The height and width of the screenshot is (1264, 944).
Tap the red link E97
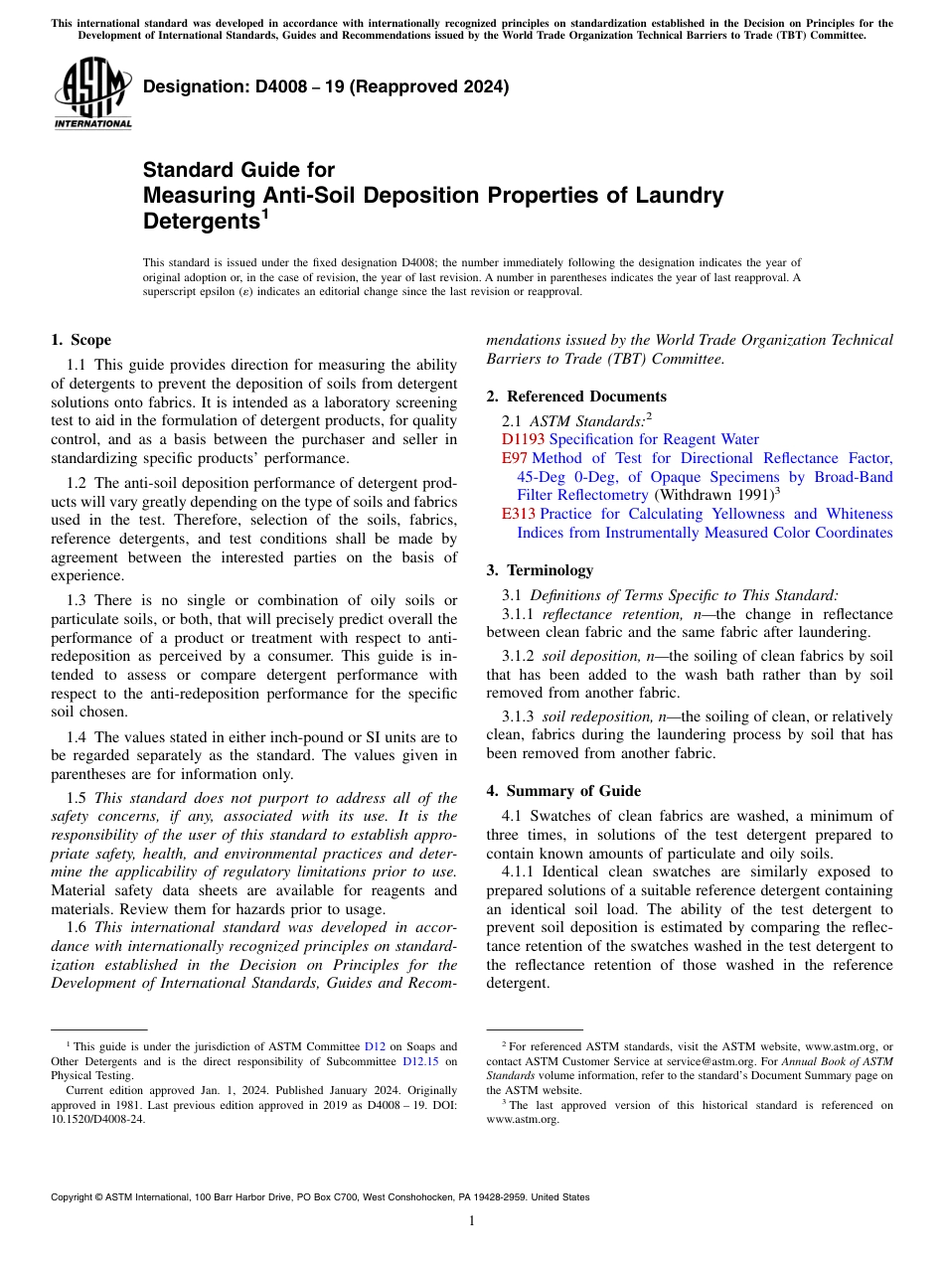pos(514,458)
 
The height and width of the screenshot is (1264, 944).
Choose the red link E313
pos(518,514)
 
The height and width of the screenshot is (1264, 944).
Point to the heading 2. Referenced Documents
pos(576,396)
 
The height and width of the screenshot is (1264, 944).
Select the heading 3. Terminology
pos(540,570)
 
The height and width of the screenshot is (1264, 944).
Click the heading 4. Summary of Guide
pos(563,791)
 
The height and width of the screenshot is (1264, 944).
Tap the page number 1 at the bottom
pos(472,1220)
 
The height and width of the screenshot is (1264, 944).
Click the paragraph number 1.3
pos(78,600)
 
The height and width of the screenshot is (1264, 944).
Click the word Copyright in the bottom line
pos(74,1197)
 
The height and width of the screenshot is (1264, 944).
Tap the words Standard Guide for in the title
pos(238,170)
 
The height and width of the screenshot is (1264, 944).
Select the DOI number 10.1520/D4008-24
pos(96,1118)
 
